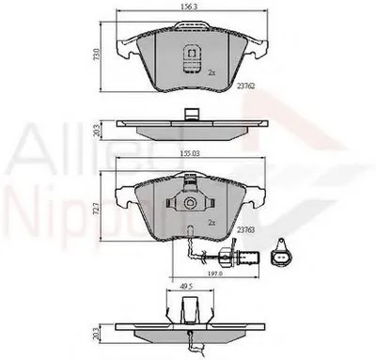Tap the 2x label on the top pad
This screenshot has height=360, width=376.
[212, 71]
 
